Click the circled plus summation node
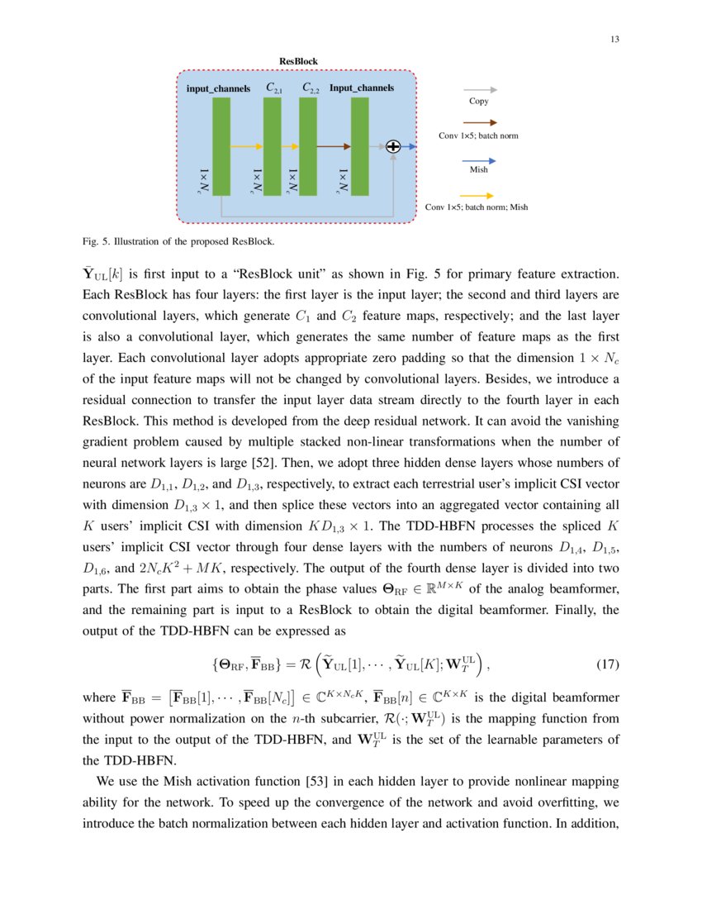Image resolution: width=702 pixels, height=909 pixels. (x=393, y=146)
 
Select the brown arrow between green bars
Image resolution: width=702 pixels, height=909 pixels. (x=334, y=146)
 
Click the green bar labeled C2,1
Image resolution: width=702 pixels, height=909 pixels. (x=273, y=146)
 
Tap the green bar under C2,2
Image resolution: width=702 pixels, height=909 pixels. (x=308, y=146)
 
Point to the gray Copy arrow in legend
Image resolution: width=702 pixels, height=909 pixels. (x=480, y=89)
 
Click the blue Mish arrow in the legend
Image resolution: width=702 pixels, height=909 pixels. (x=480, y=158)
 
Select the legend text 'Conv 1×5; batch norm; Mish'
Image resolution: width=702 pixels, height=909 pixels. (x=476, y=207)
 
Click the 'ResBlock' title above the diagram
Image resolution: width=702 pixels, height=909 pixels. (x=298, y=61)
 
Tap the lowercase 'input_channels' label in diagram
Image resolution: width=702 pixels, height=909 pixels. (x=218, y=88)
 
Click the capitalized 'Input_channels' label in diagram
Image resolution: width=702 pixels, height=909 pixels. (x=362, y=87)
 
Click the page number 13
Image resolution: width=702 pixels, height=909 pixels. (x=615, y=40)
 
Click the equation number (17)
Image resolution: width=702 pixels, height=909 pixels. (x=607, y=663)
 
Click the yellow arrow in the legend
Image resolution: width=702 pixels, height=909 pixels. (x=480, y=195)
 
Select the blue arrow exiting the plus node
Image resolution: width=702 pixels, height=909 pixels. (x=409, y=146)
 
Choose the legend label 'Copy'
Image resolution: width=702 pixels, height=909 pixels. (x=479, y=101)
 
